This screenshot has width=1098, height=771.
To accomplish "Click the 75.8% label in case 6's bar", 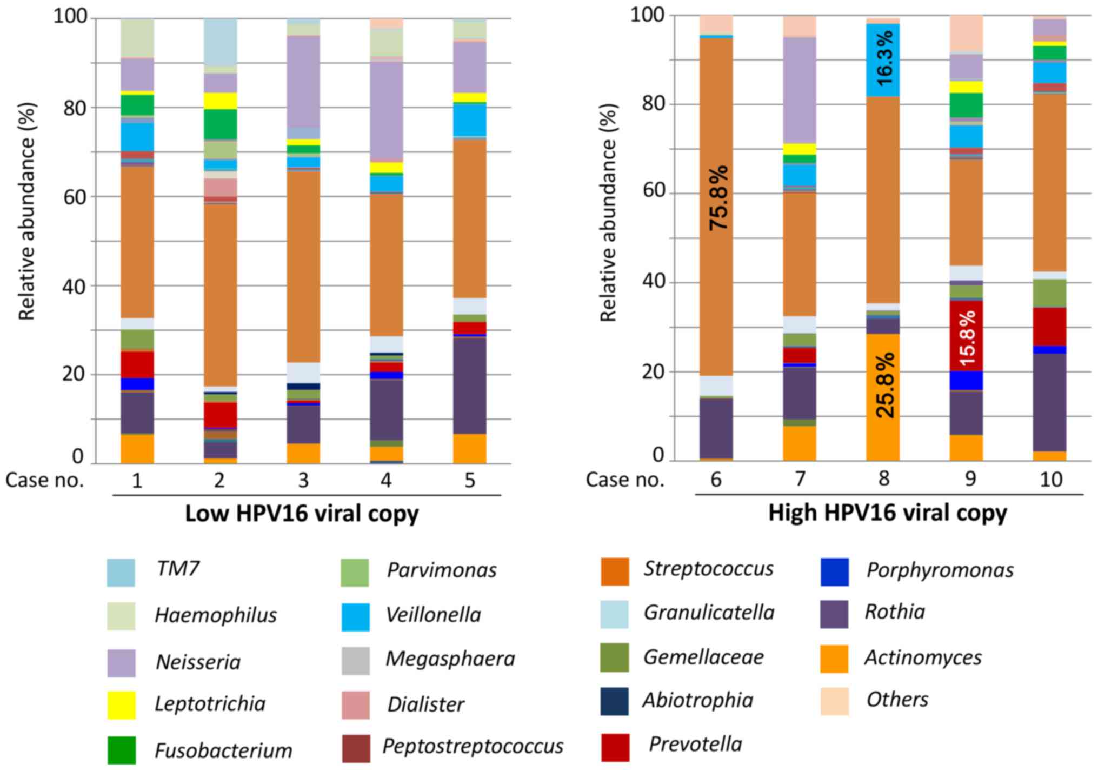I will (718, 198).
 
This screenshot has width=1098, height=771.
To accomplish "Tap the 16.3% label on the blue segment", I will (884, 58).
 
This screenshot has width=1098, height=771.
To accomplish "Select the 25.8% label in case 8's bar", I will (885, 385).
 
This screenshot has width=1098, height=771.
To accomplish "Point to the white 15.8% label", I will (967, 338).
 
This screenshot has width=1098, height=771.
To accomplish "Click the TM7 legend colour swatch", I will (121, 573).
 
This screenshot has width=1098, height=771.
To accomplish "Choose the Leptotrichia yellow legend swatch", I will (121, 705).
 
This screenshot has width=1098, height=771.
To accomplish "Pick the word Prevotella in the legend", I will (695, 745).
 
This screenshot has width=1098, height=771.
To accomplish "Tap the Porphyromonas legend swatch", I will (834, 572).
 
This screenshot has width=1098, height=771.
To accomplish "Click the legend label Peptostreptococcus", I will (473, 747).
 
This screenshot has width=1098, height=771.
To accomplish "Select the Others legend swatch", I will (834, 701).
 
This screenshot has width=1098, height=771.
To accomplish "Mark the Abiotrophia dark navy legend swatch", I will (614, 701).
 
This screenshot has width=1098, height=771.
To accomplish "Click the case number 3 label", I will (303, 480).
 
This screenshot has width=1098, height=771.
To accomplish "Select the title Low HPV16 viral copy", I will (302, 514).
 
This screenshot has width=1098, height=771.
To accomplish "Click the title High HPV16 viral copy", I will (888, 513).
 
